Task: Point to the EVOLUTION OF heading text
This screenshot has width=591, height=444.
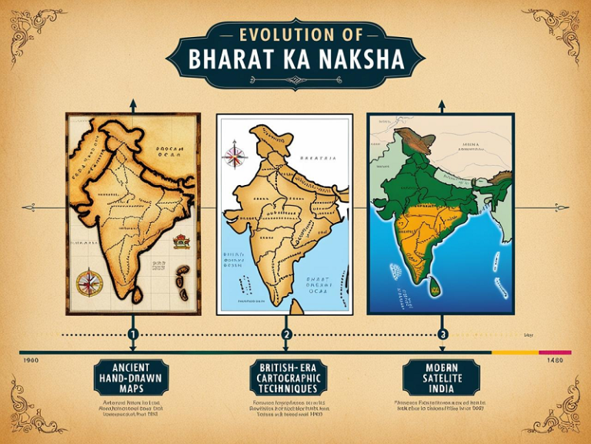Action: point(296,35)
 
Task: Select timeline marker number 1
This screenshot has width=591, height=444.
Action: point(132,335)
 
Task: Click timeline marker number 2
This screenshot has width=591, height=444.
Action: point(287,335)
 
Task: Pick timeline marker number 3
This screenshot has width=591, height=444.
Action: point(442,335)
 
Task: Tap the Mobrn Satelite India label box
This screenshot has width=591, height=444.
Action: point(441,377)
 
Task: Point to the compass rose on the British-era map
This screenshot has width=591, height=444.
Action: point(234,154)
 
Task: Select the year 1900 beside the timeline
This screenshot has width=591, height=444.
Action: point(32,360)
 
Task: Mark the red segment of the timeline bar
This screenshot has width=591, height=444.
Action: point(555,352)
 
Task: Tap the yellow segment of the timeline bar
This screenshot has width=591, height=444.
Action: point(515,352)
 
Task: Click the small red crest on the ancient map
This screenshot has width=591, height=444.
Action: point(182,241)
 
